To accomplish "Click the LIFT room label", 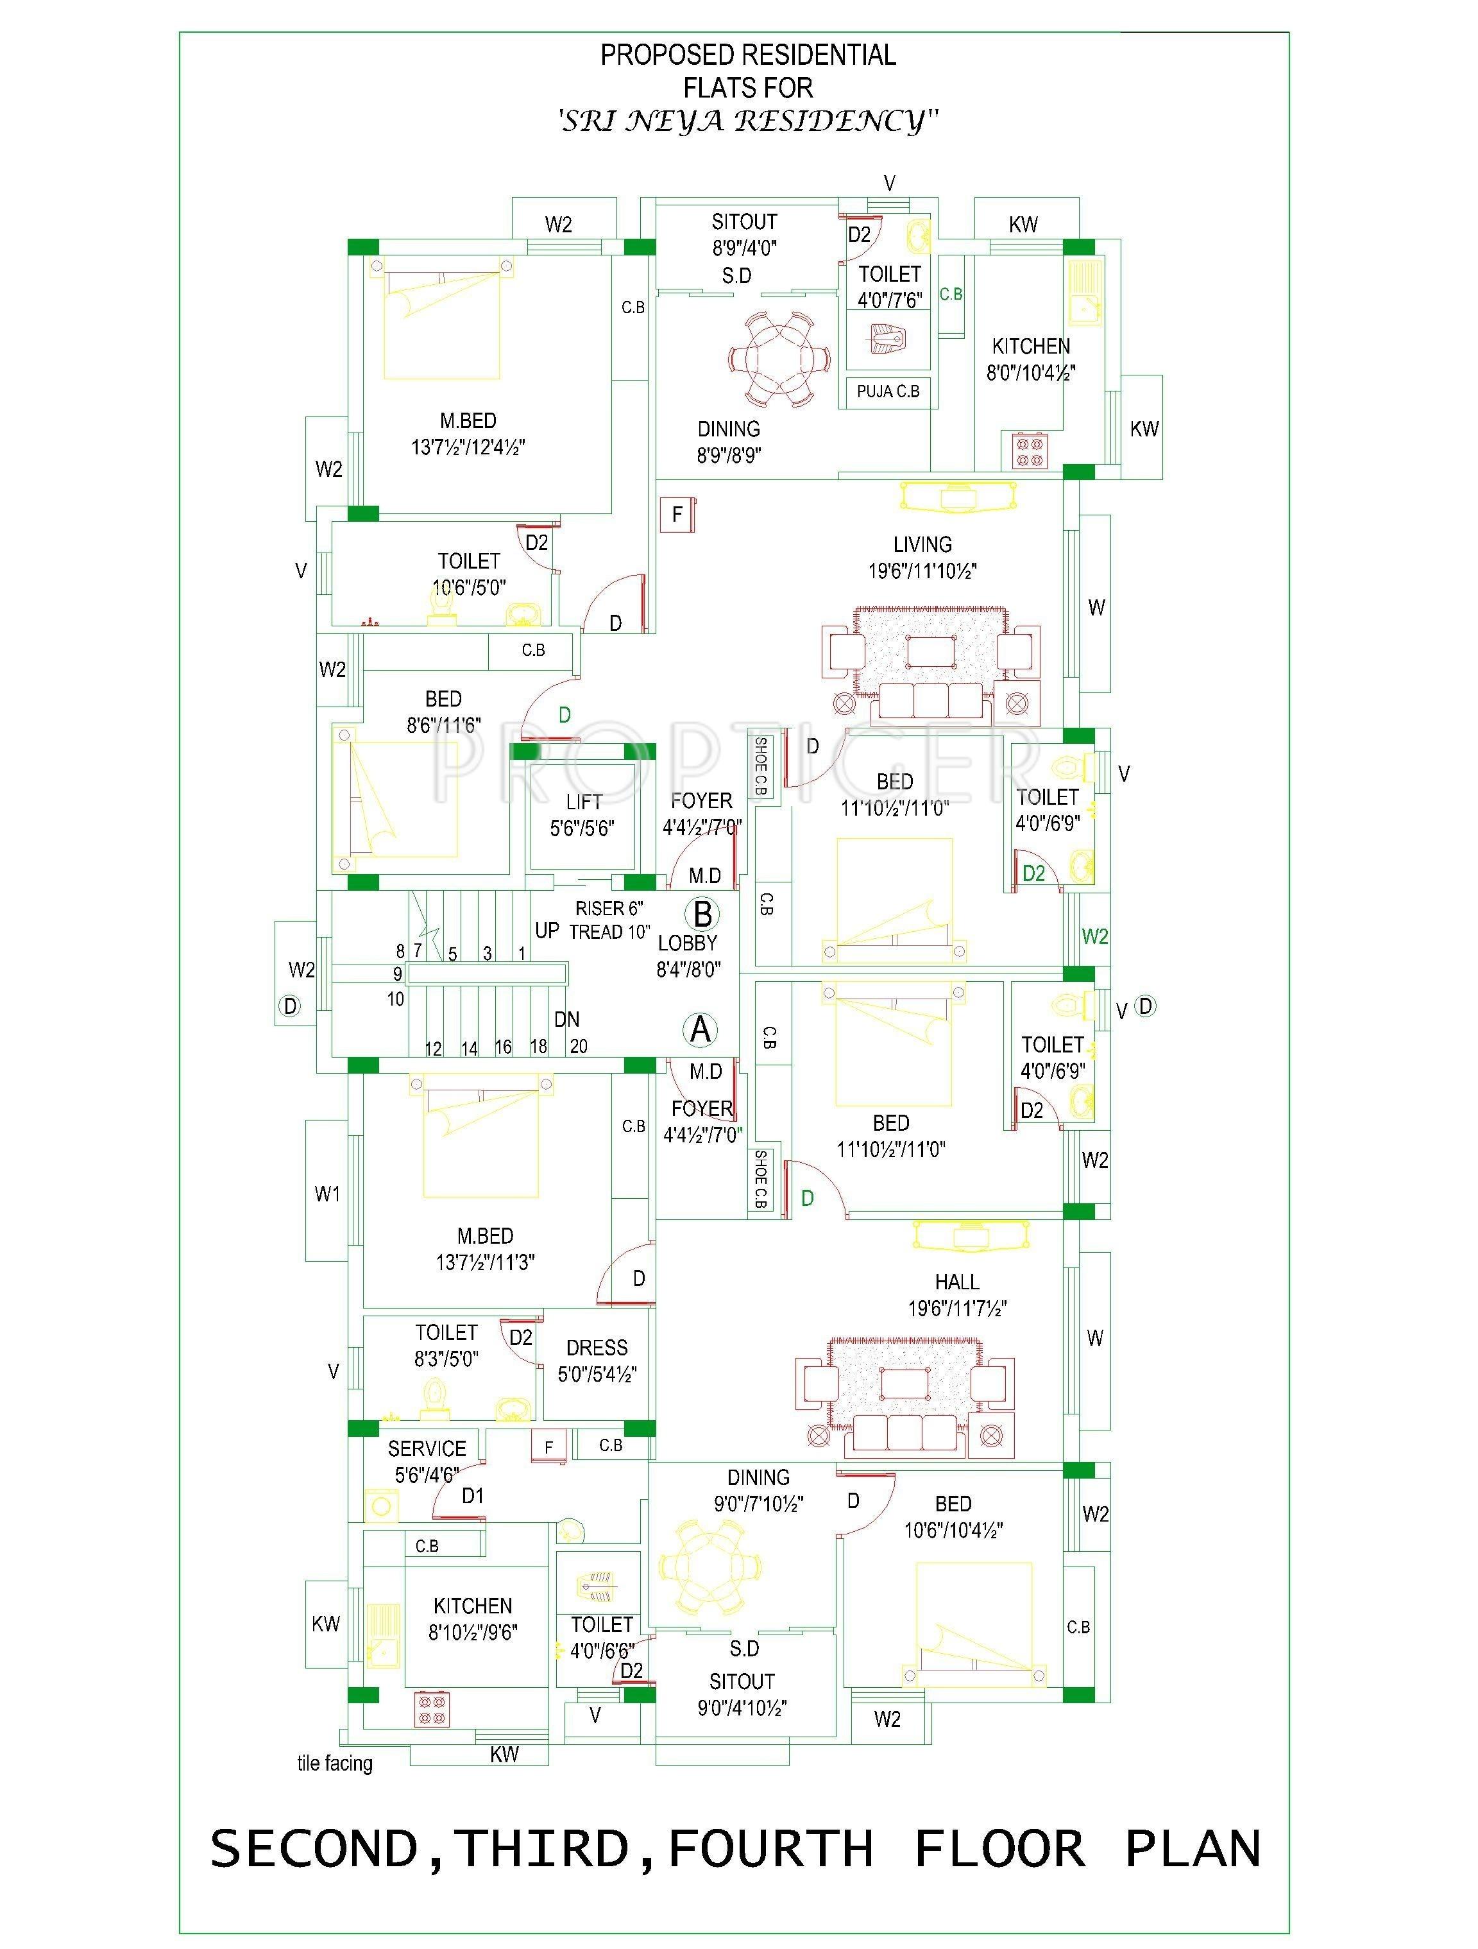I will click(583, 801).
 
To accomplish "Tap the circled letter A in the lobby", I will click(701, 1029).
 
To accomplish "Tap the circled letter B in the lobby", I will click(703, 914).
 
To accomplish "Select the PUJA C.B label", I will click(888, 391).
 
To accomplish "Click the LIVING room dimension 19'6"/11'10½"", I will click(922, 571).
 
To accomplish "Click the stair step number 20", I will click(578, 1047).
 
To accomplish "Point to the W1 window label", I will click(327, 1194).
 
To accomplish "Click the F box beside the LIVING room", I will click(677, 515).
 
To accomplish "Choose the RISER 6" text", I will click(609, 909).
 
